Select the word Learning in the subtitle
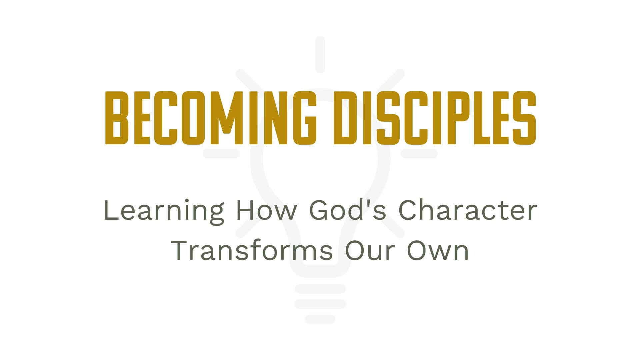[164, 211]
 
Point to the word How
[261, 211]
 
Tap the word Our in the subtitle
[371, 251]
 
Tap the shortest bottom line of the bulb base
[320, 319]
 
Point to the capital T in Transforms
[180, 251]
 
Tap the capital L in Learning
[110, 211]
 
